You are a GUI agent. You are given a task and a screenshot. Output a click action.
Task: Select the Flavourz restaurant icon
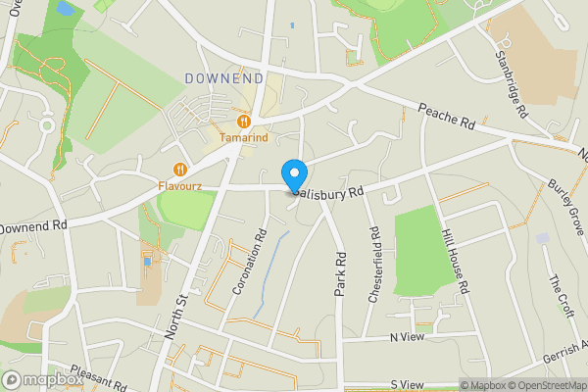(x=179, y=168)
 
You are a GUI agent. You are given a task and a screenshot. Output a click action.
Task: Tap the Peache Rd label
(x=446, y=119)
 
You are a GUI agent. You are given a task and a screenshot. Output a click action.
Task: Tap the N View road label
(x=407, y=337)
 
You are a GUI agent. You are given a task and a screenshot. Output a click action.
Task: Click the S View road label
(x=406, y=385)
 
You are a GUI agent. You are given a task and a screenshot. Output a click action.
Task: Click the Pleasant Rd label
(x=98, y=379)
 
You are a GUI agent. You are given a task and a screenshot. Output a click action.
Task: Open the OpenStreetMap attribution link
(x=546, y=385)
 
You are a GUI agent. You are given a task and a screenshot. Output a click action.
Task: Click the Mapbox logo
(x=43, y=379)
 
